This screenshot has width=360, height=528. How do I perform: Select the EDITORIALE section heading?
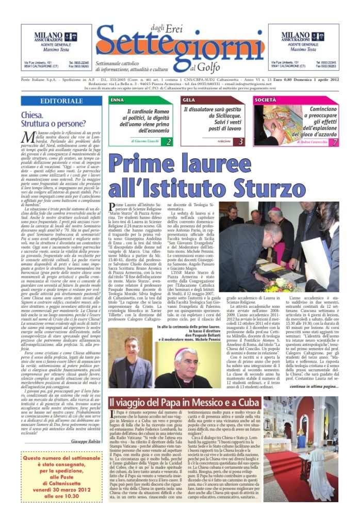pos(58,101)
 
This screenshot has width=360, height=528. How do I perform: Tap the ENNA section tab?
pos(118,99)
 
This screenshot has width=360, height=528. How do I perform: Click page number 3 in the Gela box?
pos(241,141)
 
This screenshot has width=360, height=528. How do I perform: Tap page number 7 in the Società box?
pos(334,141)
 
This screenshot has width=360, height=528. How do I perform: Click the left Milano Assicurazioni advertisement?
pos(56,47)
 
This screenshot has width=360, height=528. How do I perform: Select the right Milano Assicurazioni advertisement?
pos(303,47)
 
